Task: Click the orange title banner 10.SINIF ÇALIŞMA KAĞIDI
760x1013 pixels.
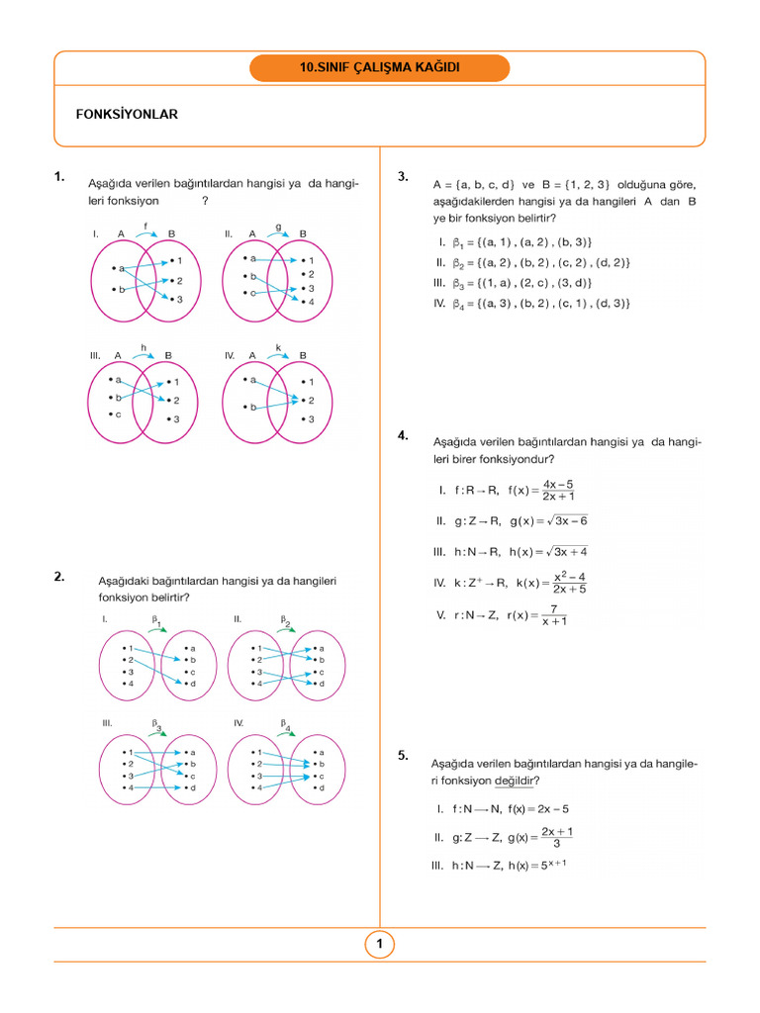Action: pos(380,68)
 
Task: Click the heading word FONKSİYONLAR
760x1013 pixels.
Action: pos(127,115)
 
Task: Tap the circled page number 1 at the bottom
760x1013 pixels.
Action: pos(379,945)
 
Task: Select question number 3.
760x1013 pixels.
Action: pos(403,177)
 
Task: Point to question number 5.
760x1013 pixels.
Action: pos(403,755)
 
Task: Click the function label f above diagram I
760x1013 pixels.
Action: pos(146,226)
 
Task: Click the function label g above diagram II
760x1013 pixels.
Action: pos(278,226)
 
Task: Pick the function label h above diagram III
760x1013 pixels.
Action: pos(143,346)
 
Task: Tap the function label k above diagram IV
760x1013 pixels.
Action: pos(278,346)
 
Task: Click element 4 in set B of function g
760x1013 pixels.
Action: pos(309,302)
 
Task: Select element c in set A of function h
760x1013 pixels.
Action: pos(117,414)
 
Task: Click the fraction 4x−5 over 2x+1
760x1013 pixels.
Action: pos(559,490)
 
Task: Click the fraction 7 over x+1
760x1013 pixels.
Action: pos(554,614)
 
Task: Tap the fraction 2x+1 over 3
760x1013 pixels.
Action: pos(557,837)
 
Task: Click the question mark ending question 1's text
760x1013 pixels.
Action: pos(205,200)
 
